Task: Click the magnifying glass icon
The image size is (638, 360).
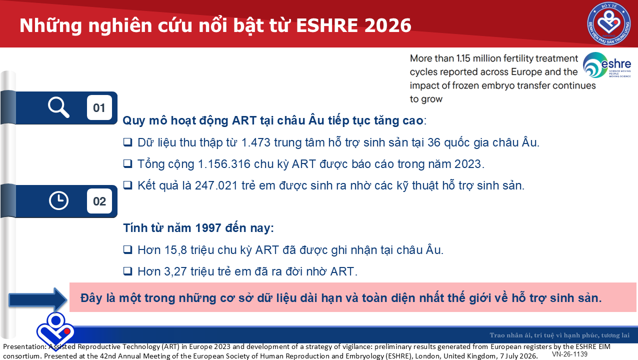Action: (58, 107)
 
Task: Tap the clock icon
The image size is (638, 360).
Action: (58, 201)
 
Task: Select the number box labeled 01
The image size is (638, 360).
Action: (99, 107)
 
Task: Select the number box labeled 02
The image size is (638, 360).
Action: (99, 201)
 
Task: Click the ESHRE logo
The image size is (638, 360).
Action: (606, 65)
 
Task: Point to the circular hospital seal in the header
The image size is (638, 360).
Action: (609, 23)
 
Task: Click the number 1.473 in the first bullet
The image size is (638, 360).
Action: (255, 142)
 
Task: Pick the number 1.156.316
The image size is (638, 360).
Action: (224, 164)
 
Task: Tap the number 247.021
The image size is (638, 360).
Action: (216, 185)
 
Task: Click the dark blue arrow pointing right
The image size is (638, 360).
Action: (38, 299)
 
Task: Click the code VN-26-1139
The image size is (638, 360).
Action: (569, 354)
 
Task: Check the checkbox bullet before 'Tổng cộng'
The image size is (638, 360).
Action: (127, 164)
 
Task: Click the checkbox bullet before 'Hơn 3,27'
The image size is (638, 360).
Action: (127, 271)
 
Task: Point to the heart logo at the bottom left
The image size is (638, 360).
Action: (55, 330)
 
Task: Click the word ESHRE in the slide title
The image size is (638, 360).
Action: (327, 25)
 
